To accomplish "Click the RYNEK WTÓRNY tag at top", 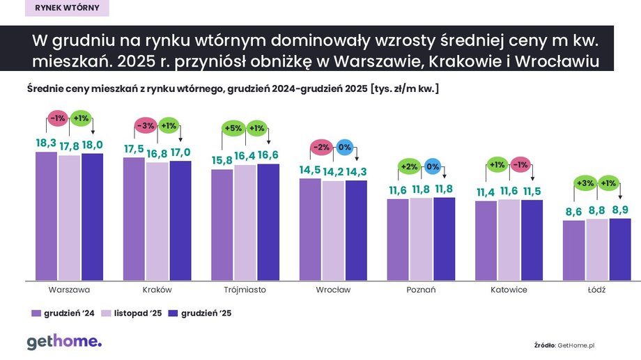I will coord(67,8).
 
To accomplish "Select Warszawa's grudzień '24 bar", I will coord(46,216).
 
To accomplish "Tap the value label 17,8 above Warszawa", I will coord(69,146).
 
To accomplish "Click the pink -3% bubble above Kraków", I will coord(145,126).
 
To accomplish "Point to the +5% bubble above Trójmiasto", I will coord(233,128).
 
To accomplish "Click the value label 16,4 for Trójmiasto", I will coord(245,156).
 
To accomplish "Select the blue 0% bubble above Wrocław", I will coord(344,148).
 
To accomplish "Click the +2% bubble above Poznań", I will coord(409,167).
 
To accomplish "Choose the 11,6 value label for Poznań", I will coord(398,191).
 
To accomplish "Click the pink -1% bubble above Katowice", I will coord(520,165).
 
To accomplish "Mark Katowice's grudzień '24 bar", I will coord(486,241).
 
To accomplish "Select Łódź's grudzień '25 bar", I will coord(619,250).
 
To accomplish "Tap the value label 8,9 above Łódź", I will coord(619,210).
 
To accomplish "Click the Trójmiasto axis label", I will coord(245,290).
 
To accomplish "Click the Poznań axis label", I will coord(420,290).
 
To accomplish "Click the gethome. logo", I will coord(64,341).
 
